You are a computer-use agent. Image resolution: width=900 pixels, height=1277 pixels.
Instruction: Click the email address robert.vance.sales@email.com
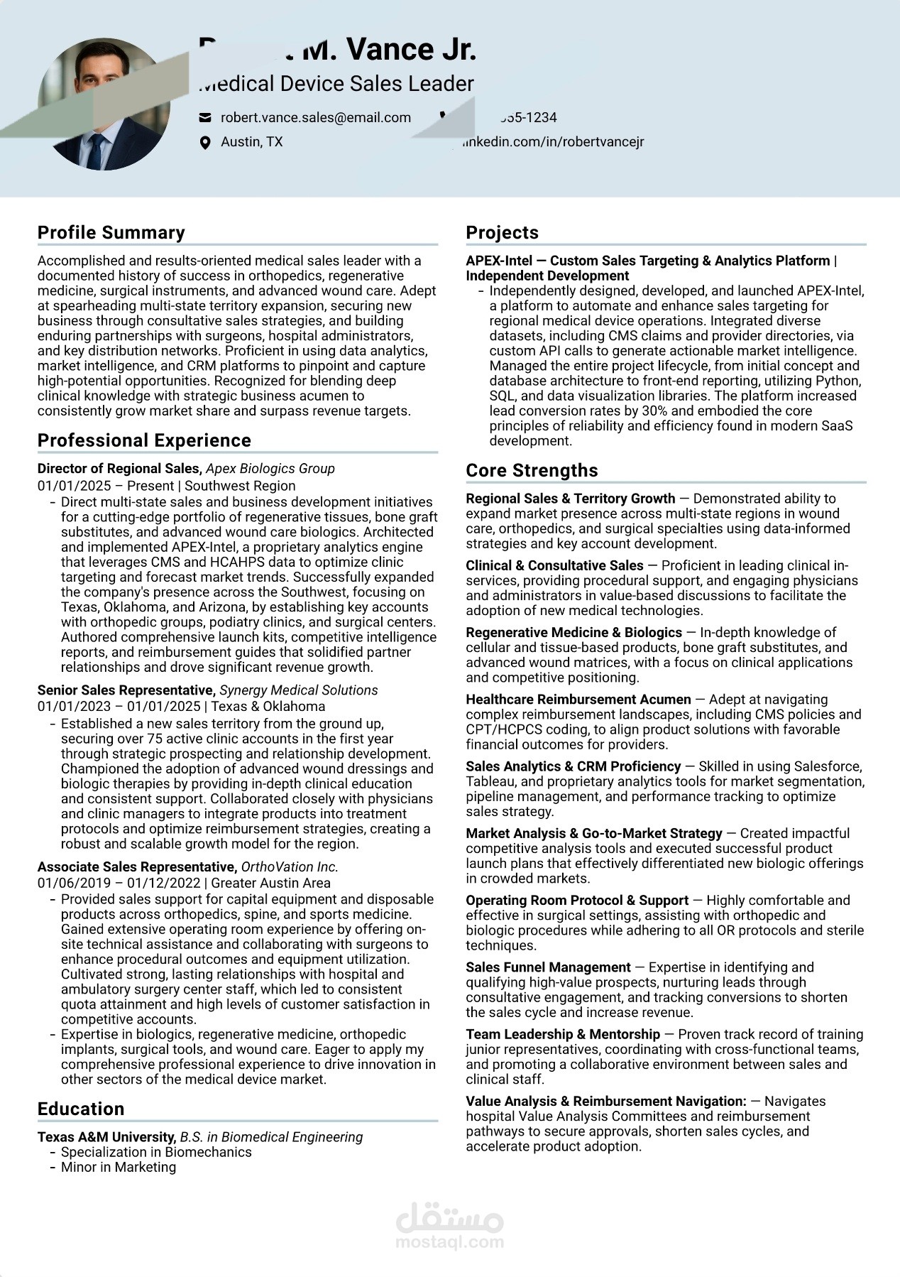(x=315, y=118)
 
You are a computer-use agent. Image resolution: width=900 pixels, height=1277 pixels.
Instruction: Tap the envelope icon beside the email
(x=205, y=118)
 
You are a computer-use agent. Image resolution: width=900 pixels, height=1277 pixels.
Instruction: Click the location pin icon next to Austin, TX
(x=205, y=143)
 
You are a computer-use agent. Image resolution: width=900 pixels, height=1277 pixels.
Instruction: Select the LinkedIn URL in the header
(x=552, y=142)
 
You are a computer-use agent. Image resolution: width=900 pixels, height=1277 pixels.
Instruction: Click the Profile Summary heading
(x=111, y=232)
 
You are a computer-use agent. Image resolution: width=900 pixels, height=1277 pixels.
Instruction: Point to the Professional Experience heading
(x=144, y=440)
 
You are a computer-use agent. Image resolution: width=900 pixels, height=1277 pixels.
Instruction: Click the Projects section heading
(x=502, y=232)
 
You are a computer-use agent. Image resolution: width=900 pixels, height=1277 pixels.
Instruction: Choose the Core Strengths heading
(x=532, y=470)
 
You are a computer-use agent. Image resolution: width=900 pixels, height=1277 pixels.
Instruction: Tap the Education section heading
(x=81, y=1109)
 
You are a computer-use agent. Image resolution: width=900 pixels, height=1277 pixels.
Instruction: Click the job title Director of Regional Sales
(x=119, y=469)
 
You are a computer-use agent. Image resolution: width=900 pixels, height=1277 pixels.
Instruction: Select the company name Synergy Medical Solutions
(x=299, y=690)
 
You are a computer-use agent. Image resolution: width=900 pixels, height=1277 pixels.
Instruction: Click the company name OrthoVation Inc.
(x=290, y=867)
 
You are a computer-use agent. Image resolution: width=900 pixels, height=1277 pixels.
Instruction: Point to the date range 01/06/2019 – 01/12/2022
(x=119, y=884)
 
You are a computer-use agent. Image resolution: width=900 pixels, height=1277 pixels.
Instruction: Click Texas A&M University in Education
(x=106, y=1137)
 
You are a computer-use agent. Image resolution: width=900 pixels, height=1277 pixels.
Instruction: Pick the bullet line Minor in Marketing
(x=119, y=1167)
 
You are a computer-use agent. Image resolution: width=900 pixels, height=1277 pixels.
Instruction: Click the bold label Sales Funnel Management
(x=548, y=967)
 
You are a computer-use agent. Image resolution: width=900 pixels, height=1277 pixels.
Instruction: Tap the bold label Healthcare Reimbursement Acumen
(x=578, y=700)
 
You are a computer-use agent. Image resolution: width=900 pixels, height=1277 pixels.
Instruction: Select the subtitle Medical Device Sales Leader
(x=337, y=84)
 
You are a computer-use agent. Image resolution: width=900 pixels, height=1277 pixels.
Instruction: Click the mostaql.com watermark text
(x=449, y=1242)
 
